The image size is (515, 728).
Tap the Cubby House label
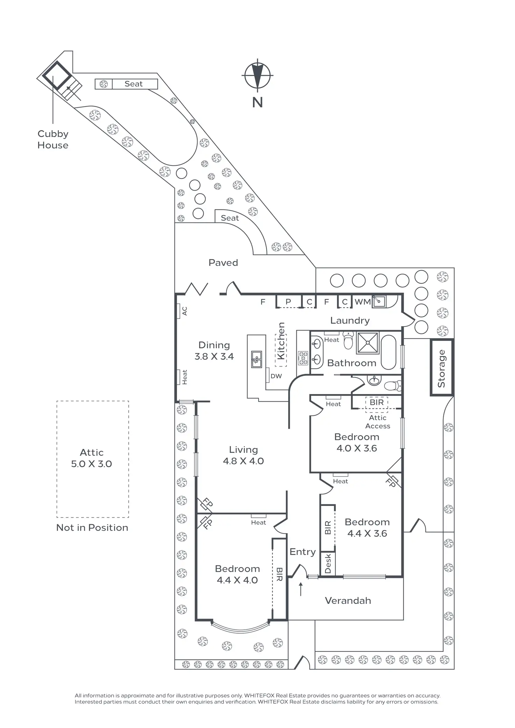pos(53,140)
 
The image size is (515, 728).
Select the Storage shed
pos(442,367)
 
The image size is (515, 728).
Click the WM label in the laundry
pos(362,301)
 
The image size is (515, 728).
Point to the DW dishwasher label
pos(276,376)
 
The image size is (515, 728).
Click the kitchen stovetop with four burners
pos(303,358)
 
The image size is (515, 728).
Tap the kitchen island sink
pos(256,359)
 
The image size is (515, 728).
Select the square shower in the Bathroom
pos(368,343)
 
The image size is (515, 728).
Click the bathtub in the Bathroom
pos(388,352)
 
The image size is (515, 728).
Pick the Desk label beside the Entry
pos(328,563)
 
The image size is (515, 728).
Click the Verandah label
pos(348,600)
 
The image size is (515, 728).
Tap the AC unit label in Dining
pos(184,311)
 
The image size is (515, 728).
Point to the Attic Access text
pos(378,422)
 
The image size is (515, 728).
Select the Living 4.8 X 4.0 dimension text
pos(244,455)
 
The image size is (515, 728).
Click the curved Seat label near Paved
pos(230,218)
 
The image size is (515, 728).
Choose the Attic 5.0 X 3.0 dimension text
pos(92,458)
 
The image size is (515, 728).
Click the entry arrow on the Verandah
pos(301,589)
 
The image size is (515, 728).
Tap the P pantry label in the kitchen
pos(288,301)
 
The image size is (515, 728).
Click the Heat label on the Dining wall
pos(184,377)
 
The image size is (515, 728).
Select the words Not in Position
pos(92,528)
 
